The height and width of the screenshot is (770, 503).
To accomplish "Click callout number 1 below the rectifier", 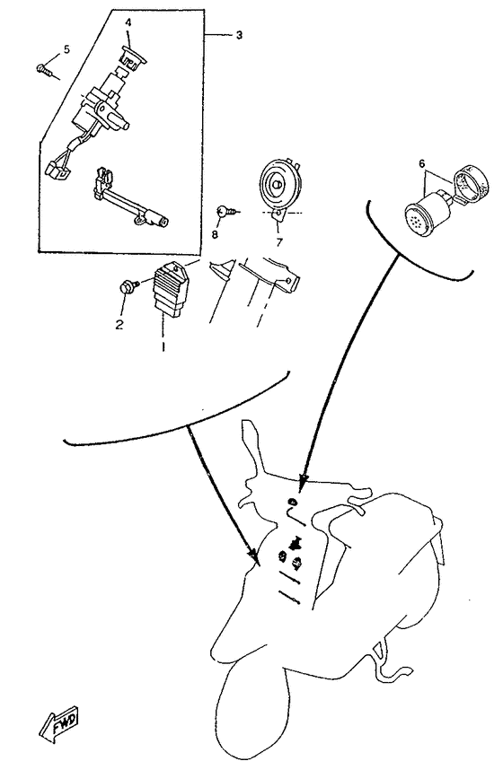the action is point(163,346).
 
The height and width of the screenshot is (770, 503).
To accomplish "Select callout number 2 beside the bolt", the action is point(119,325).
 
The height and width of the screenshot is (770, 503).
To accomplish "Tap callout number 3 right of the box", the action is point(238,35).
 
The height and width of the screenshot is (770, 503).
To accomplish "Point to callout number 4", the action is point(128,22).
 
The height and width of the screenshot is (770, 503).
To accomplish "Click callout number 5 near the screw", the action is point(66,49).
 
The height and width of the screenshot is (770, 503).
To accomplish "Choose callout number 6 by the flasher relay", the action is point(422,164).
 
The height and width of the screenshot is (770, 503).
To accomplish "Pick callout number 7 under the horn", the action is point(279,242).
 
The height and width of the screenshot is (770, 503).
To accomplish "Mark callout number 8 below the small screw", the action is point(215,234).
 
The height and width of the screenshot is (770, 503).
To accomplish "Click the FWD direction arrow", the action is point(59,723).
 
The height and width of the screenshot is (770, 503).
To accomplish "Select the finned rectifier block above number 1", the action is point(169,288).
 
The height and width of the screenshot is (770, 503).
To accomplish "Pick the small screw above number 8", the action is point(225,211).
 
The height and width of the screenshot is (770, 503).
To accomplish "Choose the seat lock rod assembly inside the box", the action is point(131,201).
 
